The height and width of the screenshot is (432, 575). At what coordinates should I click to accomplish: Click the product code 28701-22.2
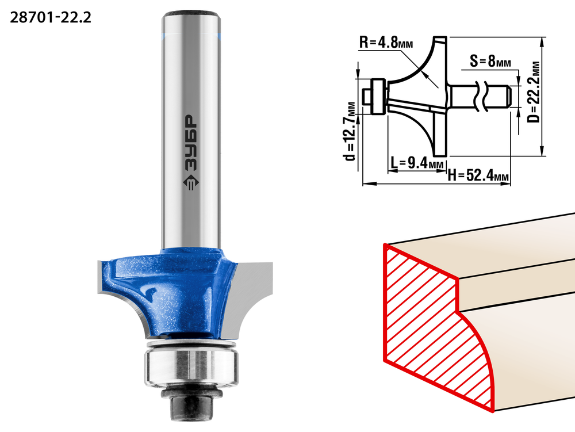(x=50, y=17)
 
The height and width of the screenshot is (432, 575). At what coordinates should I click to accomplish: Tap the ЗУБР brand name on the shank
(x=191, y=143)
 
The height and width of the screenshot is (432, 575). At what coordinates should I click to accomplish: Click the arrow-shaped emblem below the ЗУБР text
(x=191, y=182)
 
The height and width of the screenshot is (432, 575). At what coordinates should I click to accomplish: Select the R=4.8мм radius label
(x=386, y=43)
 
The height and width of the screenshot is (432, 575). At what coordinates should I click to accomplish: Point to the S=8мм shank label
(x=490, y=61)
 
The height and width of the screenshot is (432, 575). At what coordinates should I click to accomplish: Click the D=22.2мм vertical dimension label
(x=535, y=91)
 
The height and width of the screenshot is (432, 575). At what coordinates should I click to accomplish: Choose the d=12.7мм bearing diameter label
(x=350, y=131)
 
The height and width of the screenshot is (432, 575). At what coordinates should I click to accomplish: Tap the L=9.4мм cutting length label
(x=417, y=162)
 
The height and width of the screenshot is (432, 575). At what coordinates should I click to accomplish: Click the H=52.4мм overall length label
(x=478, y=175)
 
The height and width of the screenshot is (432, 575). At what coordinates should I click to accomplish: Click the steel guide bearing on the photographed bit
(x=191, y=367)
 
